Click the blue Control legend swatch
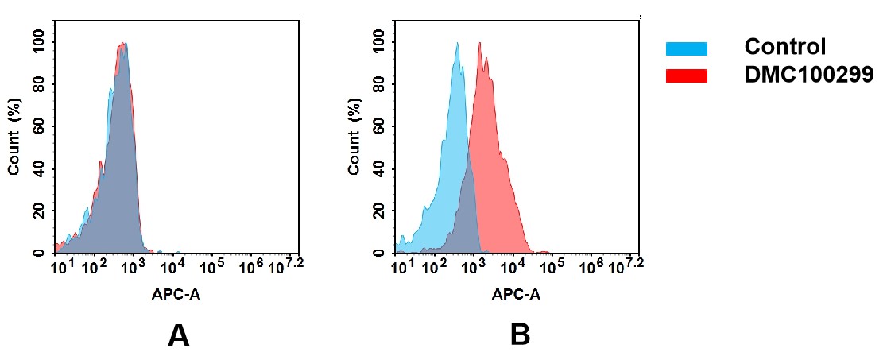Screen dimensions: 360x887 click(686, 49)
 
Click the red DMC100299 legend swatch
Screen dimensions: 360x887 click(686, 75)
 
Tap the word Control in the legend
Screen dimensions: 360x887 click(785, 47)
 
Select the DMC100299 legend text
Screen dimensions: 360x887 click(808, 75)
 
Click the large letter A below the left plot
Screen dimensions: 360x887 click(179, 336)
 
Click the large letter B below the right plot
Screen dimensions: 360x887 click(520, 336)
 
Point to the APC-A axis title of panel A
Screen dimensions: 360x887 click(176, 294)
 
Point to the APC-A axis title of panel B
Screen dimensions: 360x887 click(516, 294)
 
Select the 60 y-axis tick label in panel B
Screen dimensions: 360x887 click(379, 126)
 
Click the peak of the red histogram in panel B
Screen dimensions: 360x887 click(479, 43)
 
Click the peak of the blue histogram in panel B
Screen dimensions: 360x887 click(457, 44)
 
